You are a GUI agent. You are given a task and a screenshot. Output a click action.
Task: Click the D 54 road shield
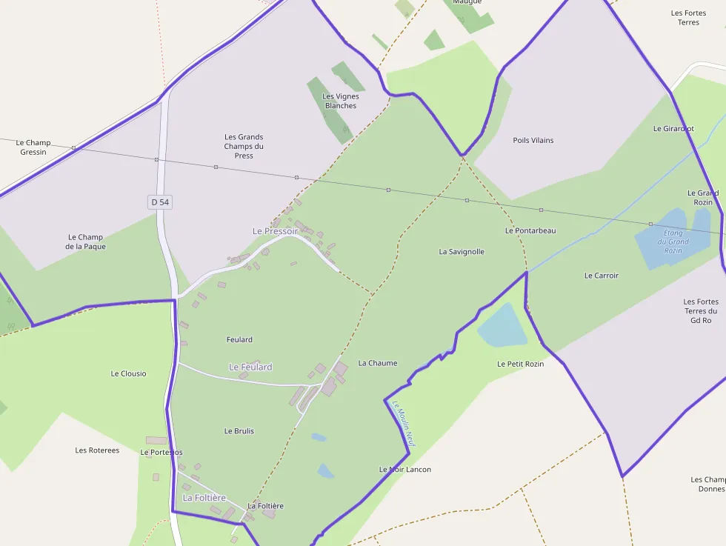click(x=160, y=202)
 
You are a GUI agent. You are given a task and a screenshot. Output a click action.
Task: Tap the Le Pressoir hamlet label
click(x=275, y=231)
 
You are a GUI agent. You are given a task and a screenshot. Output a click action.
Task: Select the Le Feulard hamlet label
click(x=250, y=367)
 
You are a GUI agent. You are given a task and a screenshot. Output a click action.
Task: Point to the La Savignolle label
click(x=462, y=252)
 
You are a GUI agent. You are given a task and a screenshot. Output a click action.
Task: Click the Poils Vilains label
click(x=533, y=140)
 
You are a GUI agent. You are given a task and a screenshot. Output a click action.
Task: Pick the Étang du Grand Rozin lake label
click(x=673, y=242)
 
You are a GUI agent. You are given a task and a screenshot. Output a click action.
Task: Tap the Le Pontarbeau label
click(x=530, y=230)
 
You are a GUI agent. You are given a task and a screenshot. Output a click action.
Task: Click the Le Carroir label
click(x=602, y=276)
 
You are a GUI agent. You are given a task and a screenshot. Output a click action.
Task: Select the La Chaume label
click(x=378, y=363)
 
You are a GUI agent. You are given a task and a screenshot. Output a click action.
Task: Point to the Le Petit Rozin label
click(x=521, y=364)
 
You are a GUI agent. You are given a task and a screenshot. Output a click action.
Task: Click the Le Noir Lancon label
click(x=405, y=469)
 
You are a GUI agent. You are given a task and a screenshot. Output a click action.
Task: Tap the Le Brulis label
click(x=239, y=430)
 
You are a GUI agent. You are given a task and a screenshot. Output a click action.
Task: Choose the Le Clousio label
click(x=129, y=373)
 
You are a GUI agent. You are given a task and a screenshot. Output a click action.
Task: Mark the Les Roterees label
click(x=97, y=450)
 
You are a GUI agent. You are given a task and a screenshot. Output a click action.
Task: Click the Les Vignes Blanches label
click(x=341, y=101)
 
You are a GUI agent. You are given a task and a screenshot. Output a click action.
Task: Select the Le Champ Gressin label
click(x=33, y=147)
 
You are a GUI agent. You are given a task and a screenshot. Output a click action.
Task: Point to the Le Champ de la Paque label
click(x=85, y=242)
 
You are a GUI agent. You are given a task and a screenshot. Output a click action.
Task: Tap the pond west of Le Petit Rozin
click(x=502, y=325)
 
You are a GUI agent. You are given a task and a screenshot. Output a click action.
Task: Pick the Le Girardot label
click(x=673, y=128)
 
